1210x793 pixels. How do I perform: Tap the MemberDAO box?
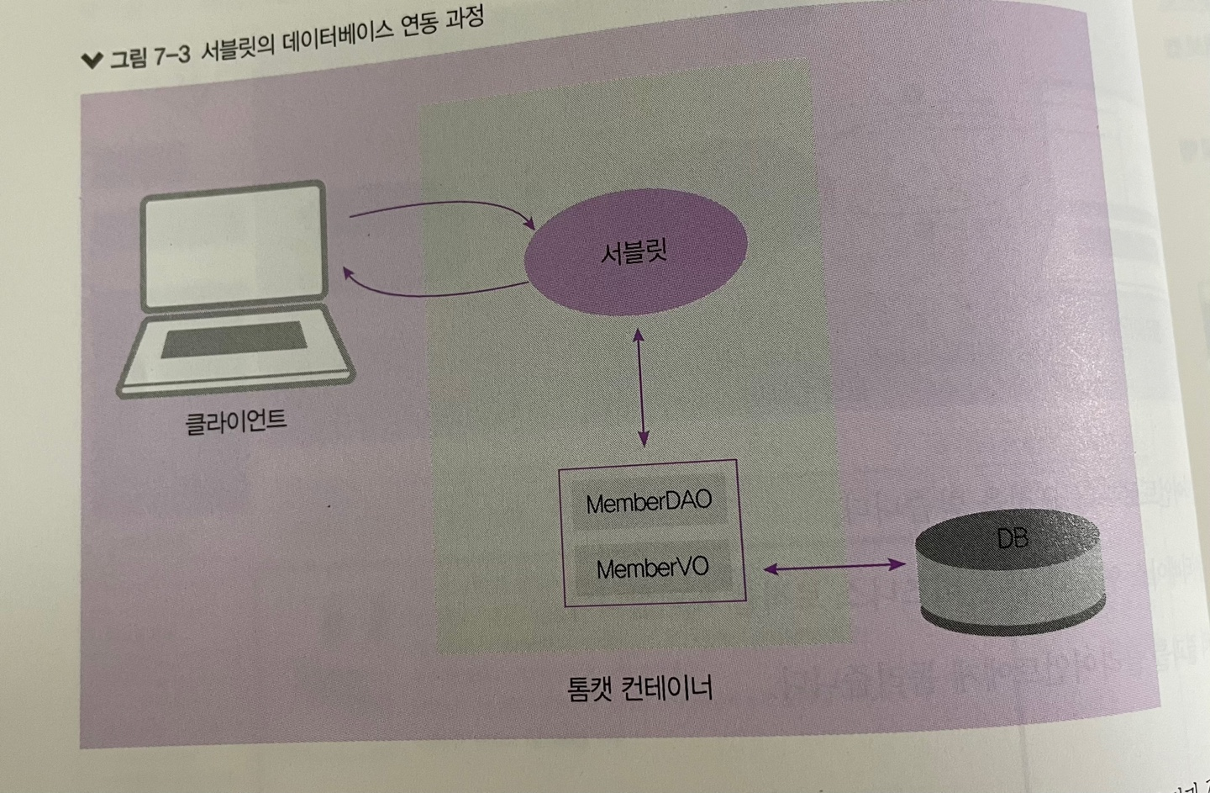(649, 503)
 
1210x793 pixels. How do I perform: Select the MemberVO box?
(652, 568)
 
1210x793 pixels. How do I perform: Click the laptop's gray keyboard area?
(234, 339)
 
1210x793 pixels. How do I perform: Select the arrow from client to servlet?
(442, 214)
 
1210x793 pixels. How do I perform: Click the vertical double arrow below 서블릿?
(641, 387)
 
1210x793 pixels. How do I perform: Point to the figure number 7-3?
(173, 56)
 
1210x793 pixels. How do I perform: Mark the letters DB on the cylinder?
(1012, 537)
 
